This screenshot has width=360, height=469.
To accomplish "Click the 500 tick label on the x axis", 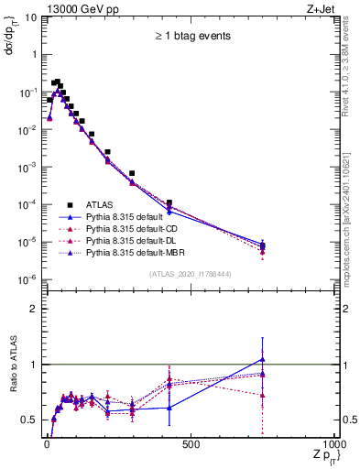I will [x=191, y=444].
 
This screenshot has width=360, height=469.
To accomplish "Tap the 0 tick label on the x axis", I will [x=45, y=444].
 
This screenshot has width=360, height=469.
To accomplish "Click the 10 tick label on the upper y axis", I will [x=28, y=16].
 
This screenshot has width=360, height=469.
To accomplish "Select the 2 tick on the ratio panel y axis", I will [x=33, y=309].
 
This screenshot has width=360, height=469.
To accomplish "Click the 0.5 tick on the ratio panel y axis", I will [x=29, y=420].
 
